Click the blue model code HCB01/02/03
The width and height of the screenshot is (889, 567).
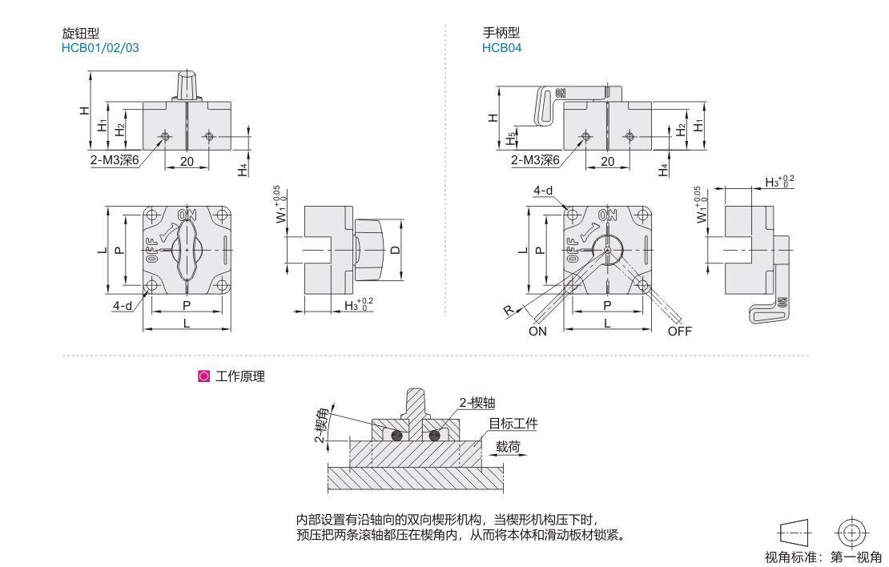[99, 47]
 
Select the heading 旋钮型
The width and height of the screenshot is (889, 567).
[81, 33]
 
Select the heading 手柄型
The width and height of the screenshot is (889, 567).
[501, 33]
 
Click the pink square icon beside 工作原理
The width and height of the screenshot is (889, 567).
[203, 376]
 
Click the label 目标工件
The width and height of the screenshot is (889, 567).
[513, 424]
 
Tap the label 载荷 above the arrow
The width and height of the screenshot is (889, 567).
[508, 446]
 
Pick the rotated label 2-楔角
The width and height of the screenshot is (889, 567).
[320, 424]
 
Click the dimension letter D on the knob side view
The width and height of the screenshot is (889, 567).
[395, 250]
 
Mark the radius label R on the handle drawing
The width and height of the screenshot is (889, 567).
[509, 311]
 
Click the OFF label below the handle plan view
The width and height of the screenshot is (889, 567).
[679, 332]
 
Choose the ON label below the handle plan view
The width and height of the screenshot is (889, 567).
[537, 332]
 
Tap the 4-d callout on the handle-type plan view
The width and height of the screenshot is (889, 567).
[545, 191]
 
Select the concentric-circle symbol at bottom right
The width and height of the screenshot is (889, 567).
[852, 532]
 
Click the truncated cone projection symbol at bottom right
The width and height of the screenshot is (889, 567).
[794, 532]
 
